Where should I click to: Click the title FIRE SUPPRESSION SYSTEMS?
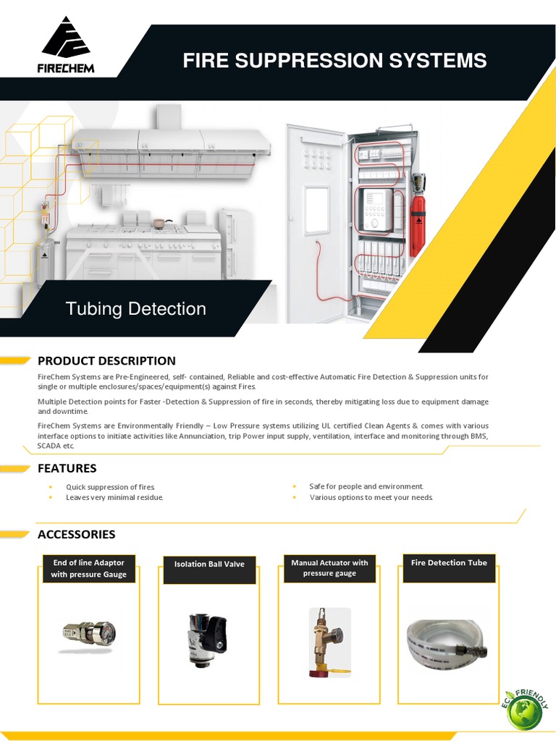tap(334, 61)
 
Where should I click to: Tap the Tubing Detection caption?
tap(135, 309)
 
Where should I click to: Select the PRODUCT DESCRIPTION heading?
tap(106, 361)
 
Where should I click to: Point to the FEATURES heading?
tap(67, 468)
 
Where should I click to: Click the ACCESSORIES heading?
tap(76, 534)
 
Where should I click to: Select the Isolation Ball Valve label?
tap(209, 564)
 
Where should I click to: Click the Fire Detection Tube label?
tap(449, 563)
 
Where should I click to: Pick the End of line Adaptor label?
tap(88, 568)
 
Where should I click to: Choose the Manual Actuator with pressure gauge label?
tap(329, 568)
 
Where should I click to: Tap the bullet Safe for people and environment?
tap(366, 486)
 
